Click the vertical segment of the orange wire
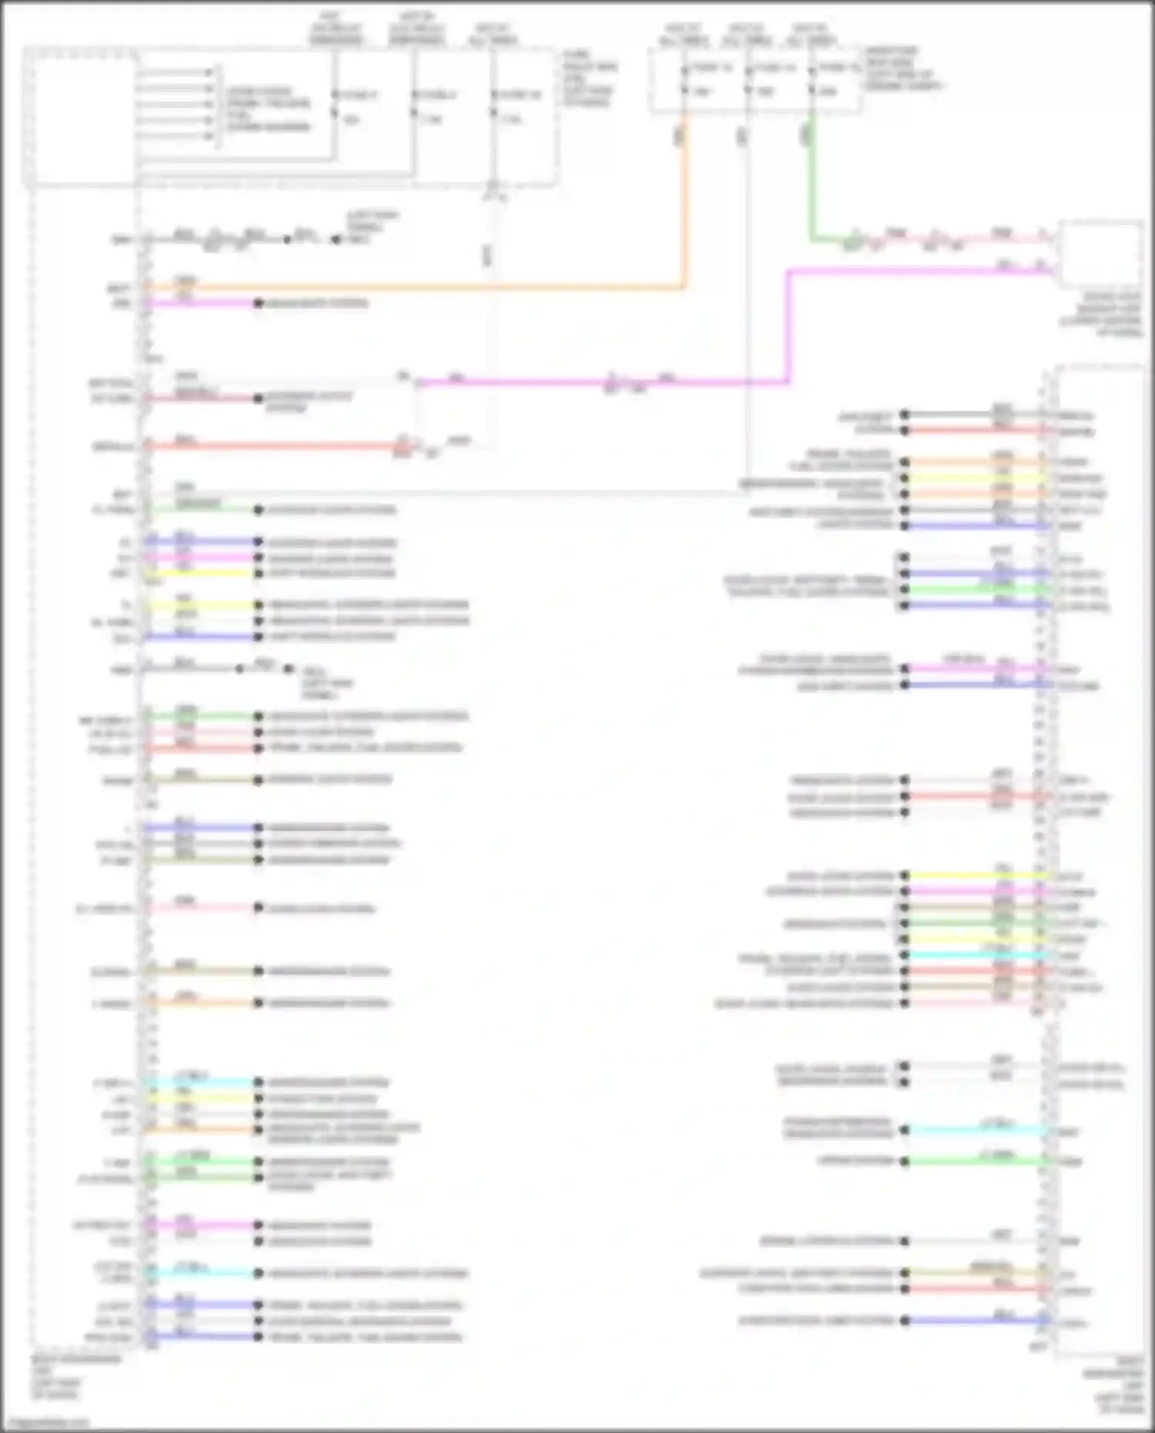tap(685, 208)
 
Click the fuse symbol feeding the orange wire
tap(685, 80)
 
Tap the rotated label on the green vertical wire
tap(805, 136)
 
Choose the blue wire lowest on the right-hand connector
tap(978, 1321)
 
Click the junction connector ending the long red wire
tap(403, 446)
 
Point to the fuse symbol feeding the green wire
tap(812, 80)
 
